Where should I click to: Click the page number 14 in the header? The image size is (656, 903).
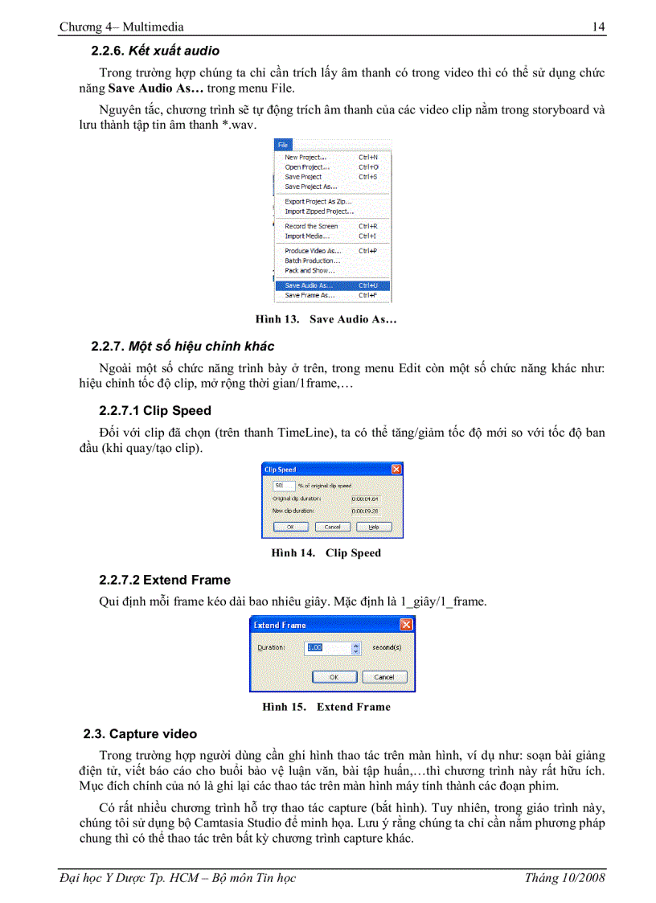(x=598, y=27)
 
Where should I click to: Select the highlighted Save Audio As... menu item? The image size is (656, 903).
(x=309, y=285)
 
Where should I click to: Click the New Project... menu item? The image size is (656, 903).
(x=305, y=158)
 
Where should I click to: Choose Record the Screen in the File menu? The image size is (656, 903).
(x=311, y=227)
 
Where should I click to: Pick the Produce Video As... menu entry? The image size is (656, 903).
(x=313, y=251)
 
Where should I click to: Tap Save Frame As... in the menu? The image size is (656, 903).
(x=310, y=295)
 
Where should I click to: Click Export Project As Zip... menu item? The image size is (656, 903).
(x=318, y=202)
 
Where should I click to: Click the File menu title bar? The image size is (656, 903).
(x=331, y=145)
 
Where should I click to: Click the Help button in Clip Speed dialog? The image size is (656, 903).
(x=374, y=527)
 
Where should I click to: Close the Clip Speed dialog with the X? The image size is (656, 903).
(x=396, y=469)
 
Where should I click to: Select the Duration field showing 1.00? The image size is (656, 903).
(x=326, y=647)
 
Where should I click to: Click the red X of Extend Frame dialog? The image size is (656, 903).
(x=407, y=625)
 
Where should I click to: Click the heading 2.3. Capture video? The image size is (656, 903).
(x=140, y=734)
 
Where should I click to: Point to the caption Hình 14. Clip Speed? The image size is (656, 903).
(x=326, y=553)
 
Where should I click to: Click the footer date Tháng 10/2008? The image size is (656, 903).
(x=564, y=878)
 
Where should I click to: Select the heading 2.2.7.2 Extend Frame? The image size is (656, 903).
(x=164, y=580)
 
